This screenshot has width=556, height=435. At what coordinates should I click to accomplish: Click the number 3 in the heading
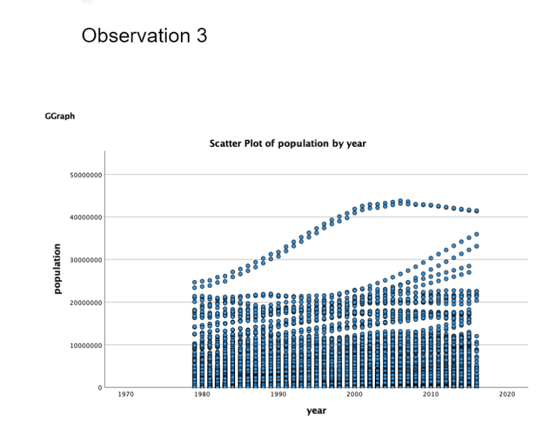201,36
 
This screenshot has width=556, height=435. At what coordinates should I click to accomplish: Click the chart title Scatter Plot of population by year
287,144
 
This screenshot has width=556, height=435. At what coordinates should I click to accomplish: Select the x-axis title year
316,411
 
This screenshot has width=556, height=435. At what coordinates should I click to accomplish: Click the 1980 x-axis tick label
202,395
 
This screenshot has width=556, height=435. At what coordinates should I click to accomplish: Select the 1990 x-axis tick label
278,395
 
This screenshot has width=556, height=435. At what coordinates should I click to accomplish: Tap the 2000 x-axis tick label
355,395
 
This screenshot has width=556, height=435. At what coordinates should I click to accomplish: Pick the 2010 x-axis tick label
431,395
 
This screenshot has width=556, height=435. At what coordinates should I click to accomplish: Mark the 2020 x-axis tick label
506,395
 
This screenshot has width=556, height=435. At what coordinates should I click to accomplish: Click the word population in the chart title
304,144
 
